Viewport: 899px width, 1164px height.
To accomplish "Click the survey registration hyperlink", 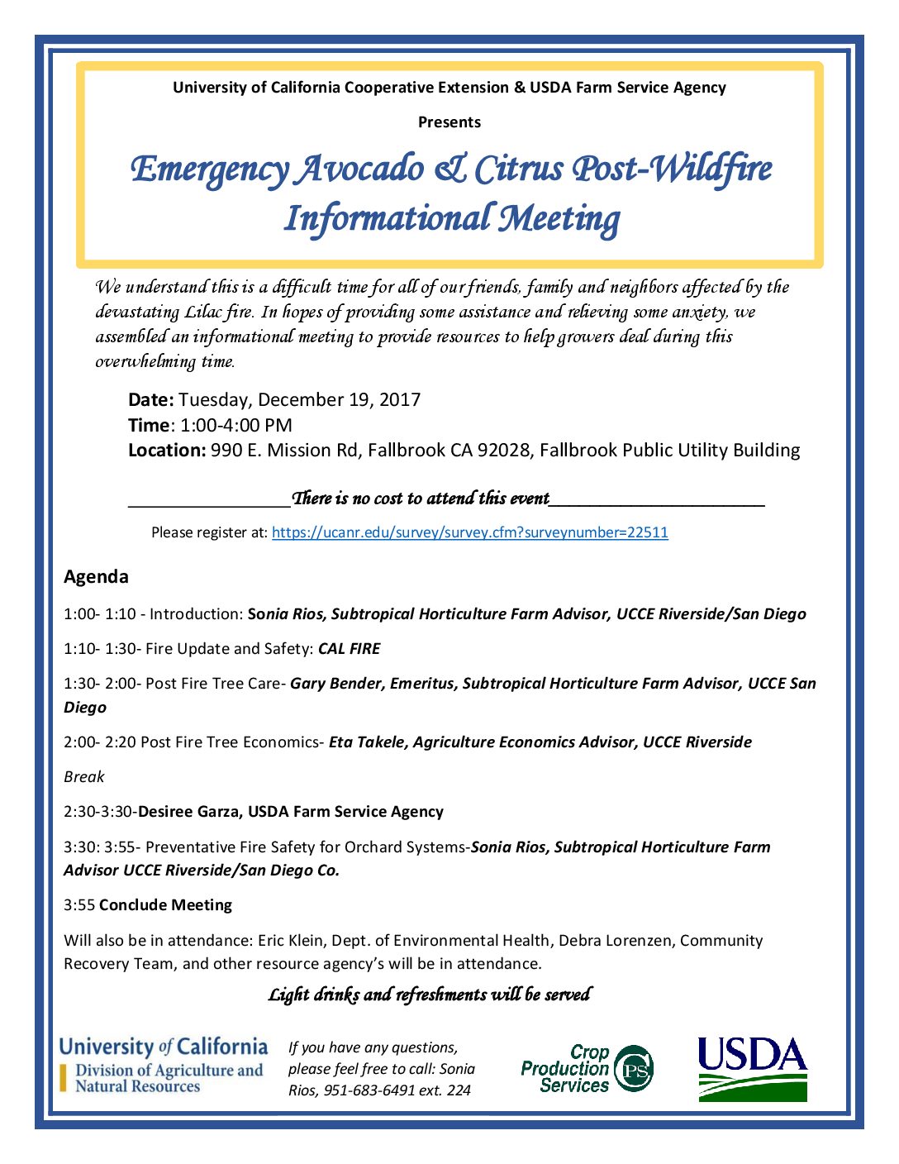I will (469, 532).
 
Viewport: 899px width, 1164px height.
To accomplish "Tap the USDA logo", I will (752, 1069).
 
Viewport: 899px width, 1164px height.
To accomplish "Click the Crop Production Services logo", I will (587, 1069).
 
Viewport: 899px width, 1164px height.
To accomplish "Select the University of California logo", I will (163, 1065).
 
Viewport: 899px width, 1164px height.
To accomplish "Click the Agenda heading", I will (96, 576).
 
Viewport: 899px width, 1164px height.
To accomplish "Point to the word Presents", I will (449, 122).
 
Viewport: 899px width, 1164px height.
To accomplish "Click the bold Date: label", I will (150, 400).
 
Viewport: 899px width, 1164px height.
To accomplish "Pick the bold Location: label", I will (166, 451).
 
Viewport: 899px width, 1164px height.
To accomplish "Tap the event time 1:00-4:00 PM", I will (236, 426).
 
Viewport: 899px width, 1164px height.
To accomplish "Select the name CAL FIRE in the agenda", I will (349, 649).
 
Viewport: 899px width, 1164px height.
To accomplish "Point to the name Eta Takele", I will (367, 742).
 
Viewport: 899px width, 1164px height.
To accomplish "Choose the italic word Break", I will (84, 777).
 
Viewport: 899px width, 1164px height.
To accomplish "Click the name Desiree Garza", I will (189, 812).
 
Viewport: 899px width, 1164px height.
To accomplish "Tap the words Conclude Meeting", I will (165, 905).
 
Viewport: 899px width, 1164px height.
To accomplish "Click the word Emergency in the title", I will (210, 169).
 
